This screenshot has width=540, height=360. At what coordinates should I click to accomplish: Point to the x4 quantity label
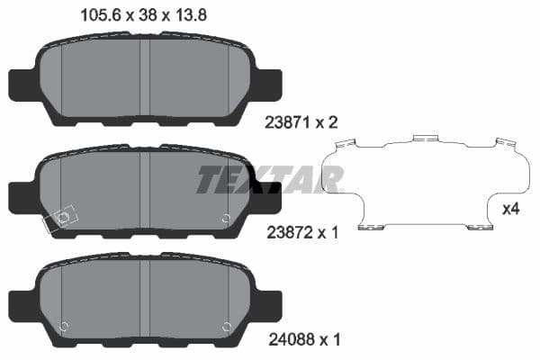pyautogui.click(x=510, y=210)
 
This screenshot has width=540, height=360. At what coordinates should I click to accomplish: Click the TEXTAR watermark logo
pyautogui.click(x=269, y=180)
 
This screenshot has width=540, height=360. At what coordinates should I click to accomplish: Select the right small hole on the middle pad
pyautogui.click(x=226, y=218)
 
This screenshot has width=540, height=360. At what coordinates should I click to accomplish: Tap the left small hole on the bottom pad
pyautogui.click(x=64, y=326)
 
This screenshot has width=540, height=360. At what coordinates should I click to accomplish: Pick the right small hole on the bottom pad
pyautogui.click(x=226, y=326)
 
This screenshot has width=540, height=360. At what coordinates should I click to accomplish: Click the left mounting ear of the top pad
pyautogui.click(x=22, y=85)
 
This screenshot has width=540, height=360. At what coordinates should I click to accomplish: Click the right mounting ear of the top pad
pyautogui.click(x=267, y=84)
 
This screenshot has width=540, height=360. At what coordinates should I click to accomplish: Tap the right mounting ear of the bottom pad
pyautogui.click(x=267, y=302)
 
